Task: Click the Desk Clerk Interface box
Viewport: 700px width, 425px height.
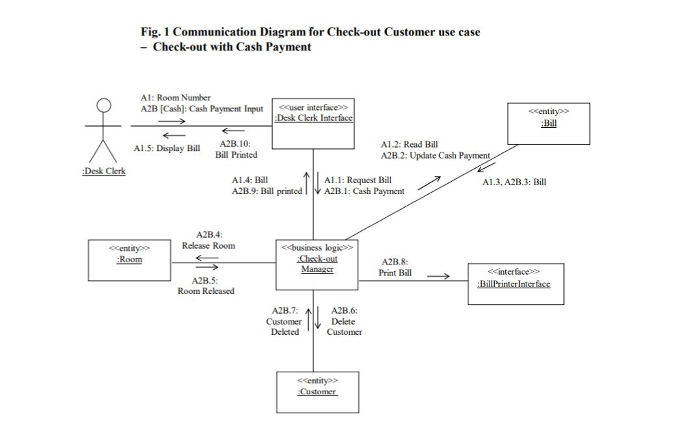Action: (x=314, y=124)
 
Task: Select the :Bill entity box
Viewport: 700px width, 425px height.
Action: (x=548, y=124)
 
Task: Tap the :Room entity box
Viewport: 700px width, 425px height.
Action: (x=130, y=260)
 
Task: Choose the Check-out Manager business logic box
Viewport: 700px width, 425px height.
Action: (x=317, y=264)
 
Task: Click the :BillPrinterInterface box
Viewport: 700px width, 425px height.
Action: (x=515, y=284)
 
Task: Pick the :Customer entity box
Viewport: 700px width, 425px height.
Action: (x=317, y=392)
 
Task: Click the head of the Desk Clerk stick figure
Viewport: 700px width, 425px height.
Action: (x=103, y=105)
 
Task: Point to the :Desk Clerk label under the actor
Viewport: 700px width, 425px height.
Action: (x=104, y=171)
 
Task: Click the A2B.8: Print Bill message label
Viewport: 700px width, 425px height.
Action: (x=396, y=267)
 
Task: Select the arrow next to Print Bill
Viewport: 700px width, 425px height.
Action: (x=438, y=277)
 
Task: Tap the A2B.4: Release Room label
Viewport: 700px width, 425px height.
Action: (x=208, y=240)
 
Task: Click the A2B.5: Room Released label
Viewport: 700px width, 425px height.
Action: (x=206, y=286)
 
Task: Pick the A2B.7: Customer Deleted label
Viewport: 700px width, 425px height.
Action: (x=284, y=321)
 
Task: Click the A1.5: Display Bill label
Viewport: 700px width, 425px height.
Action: (x=167, y=148)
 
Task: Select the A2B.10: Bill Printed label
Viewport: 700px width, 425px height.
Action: (x=236, y=150)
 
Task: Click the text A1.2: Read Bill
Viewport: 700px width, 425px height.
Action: (x=410, y=144)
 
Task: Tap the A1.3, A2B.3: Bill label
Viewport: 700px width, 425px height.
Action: (x=514, y=182)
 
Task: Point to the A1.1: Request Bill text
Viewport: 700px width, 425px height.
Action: (x=358, y=180)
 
